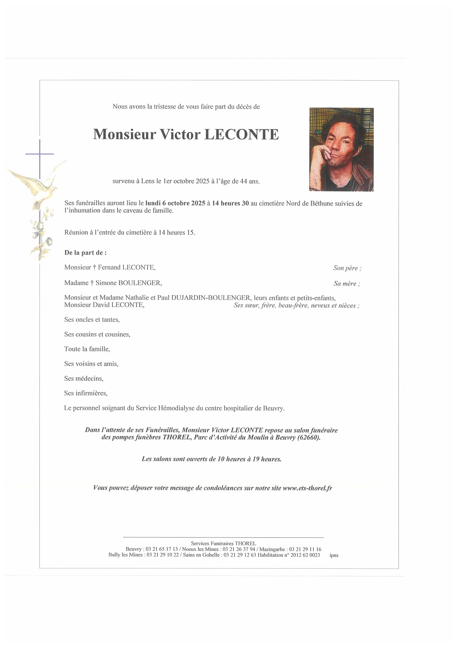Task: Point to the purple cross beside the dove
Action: click(40, 154)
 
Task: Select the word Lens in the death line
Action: click(148, 181)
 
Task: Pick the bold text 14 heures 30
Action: click(230, 203)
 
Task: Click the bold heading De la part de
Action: click(85, 253)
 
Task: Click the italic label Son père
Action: click(347, 268)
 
